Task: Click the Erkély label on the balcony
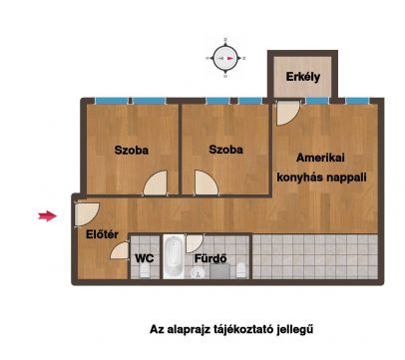coord(303,77)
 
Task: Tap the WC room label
coord(145,258)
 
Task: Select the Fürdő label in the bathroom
coord(210,258)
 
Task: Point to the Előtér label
coord(102,234)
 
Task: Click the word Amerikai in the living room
coord(320,158)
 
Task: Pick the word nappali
coord(345,178)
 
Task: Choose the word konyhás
coord(299,178)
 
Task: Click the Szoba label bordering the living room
coord(225,150)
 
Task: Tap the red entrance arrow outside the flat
coord(48,216)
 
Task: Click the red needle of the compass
coord(230,58)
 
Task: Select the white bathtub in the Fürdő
coord(174,256)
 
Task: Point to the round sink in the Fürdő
coord(198,273)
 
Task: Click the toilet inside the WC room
coord(145,271)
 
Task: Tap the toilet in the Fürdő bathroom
coord(241,270)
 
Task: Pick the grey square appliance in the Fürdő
coord(219,271)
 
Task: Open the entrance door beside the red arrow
coord(86,214)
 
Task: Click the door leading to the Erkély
coord(287,113)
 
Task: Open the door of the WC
coord(120,250)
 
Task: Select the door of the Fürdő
coord(194,243)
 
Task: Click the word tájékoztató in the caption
coord(235,329)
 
